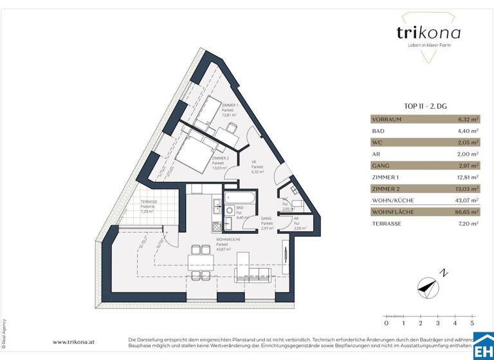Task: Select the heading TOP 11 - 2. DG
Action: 425,107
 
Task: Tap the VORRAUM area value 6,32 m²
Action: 468,119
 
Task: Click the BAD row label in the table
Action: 378,130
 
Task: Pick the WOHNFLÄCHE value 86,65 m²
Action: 468,212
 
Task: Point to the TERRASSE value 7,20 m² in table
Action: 468,223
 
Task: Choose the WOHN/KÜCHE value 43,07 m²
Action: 468,200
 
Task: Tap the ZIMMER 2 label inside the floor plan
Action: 220,163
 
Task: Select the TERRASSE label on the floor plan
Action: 149,206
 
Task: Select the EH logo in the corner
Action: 483,349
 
